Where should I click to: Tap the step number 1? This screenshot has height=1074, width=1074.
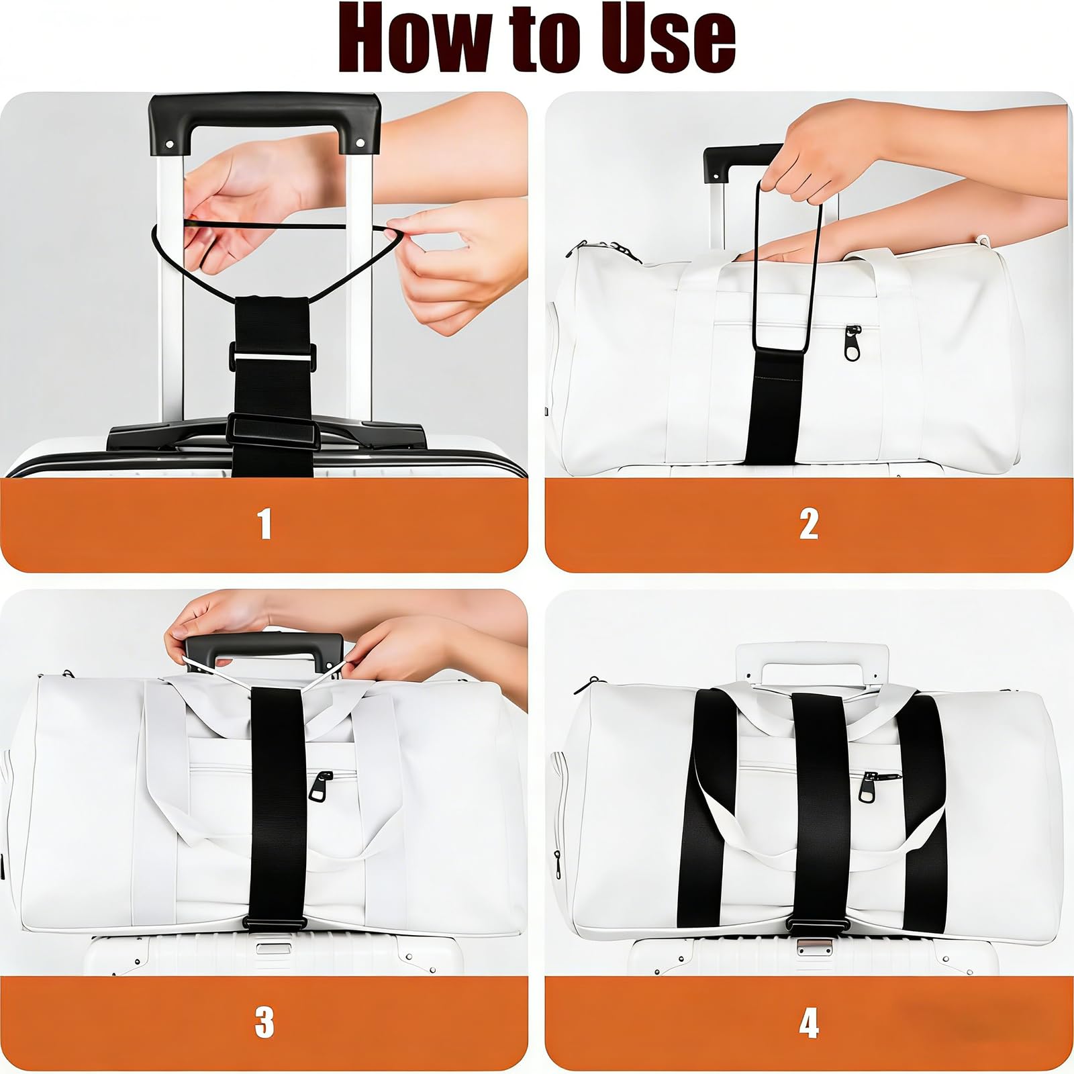265,524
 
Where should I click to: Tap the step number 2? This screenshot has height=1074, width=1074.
809,524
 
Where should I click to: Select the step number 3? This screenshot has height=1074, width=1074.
264,1022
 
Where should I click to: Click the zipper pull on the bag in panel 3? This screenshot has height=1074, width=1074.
320,787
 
